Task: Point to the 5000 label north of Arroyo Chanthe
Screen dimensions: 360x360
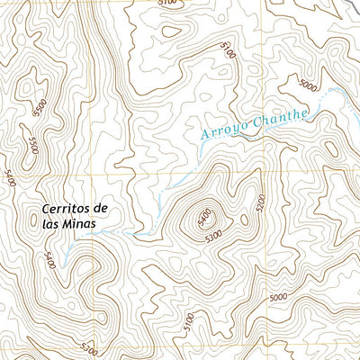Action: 307,86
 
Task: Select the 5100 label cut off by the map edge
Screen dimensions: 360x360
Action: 166,4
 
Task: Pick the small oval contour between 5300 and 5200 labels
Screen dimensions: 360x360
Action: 242,218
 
